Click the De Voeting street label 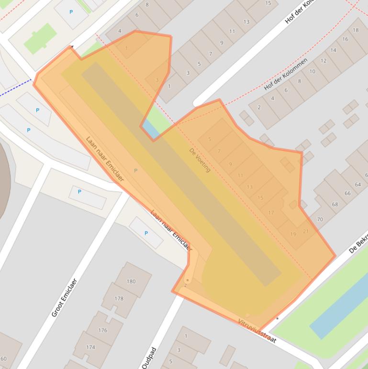click(x=200, y=160)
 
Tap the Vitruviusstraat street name click(x=257, y=331)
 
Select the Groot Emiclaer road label click(x=64, y=298)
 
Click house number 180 click(x=131, y=281)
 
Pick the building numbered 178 click(x=119, y=299)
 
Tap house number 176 click(x=103, y=330)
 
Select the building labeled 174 click(x=90, y=347)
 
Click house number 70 click(x=320, y=219)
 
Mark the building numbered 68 click(x=335, y=205)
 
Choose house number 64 click(x=357, y=184)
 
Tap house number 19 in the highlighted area click(x=293, y=234)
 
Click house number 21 click(x=306, y=231)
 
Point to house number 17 click(x=271, y=213)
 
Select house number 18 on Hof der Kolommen click(x=356, y=30)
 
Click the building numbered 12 click(x=323, y=61)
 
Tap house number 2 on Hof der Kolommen click(x=259, y=107)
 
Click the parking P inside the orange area click(x=135, y=171)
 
